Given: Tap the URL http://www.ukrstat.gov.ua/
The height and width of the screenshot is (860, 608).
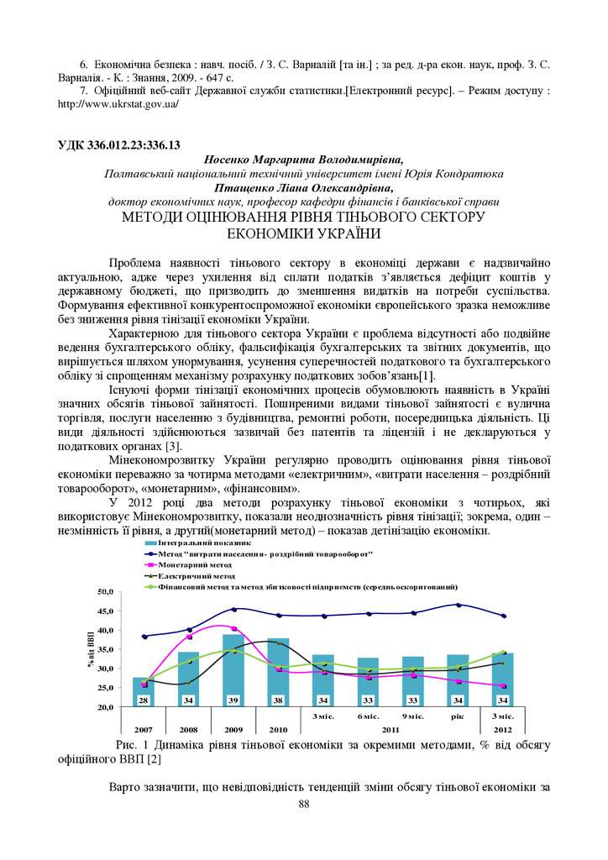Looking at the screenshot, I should click(118, 105).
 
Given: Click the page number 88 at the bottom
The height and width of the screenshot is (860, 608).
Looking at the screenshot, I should click(304, 805).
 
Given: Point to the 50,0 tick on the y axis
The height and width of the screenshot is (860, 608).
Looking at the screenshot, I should click(107, 592).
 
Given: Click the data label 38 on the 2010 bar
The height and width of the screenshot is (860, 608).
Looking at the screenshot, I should click(278, 700).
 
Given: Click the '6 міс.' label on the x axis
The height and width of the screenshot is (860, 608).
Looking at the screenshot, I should click(368, 716).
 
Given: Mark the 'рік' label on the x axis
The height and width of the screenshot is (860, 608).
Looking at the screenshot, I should click(458, 716).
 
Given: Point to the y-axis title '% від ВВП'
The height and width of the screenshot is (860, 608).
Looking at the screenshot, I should click(91, 648).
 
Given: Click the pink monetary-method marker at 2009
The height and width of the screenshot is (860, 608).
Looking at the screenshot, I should click(233, 628).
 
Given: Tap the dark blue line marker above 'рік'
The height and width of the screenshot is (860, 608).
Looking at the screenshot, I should click(458, 605).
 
